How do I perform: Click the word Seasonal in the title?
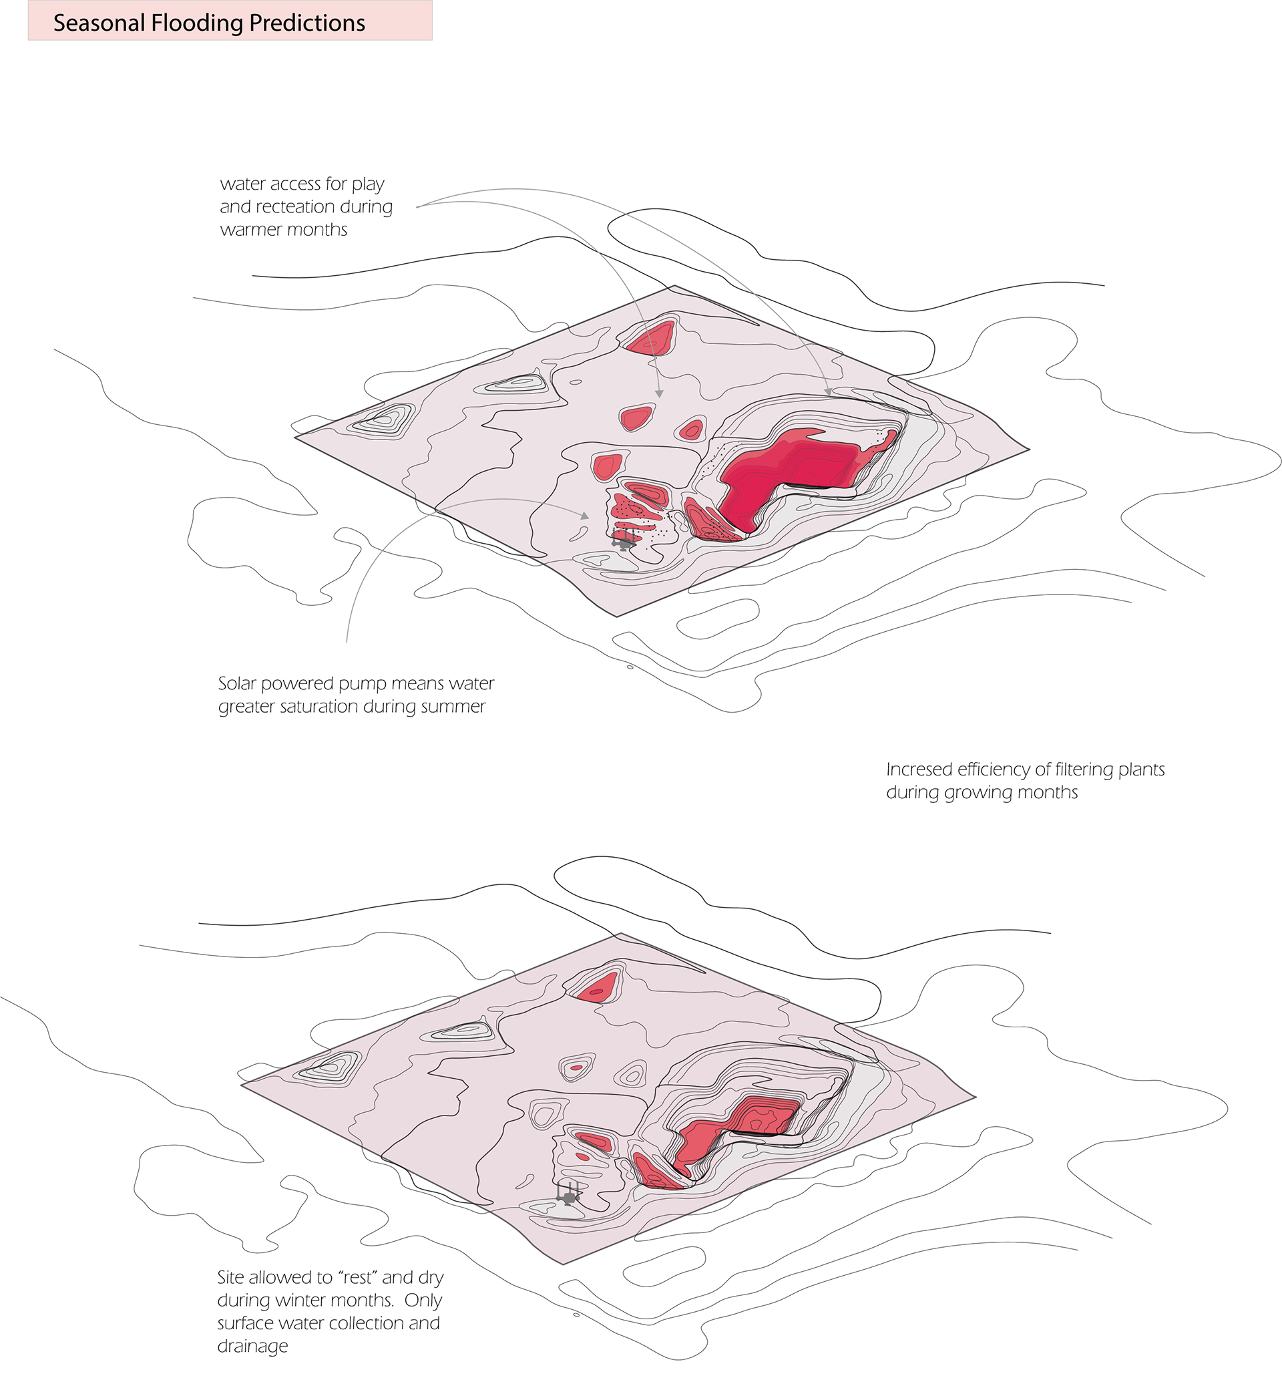tap(99, 23)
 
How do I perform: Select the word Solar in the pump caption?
tap(237, 683)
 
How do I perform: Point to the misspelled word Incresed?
tap(919, 769)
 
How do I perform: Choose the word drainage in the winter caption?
tap(252, 1347)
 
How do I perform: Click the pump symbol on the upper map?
tap(623, 540)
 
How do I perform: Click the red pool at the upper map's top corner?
tap(650, 338)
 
